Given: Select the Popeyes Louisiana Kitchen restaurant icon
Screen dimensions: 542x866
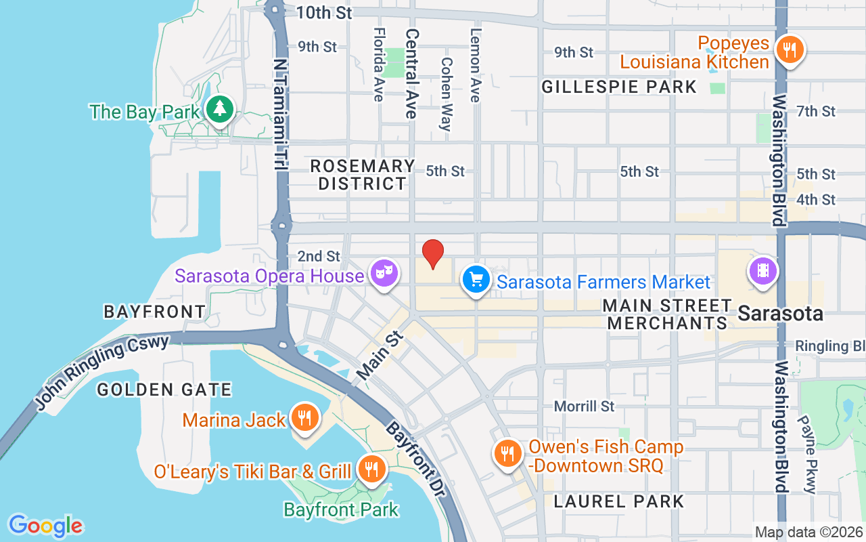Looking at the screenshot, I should [x=789, y=49].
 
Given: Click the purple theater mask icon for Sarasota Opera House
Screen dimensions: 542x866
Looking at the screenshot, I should [x=384, y=274].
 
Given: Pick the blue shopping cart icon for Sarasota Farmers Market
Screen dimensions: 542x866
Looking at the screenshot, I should [x=476, y=279].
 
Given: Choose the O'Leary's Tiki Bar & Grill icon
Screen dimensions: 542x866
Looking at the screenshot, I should [x=371, y=468].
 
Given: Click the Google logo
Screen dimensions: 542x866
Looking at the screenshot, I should [x=46, y=526].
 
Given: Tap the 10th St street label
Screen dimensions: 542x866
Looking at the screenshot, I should [x=325, y=12].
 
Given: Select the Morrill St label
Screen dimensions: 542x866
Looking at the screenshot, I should [x=584, y=406].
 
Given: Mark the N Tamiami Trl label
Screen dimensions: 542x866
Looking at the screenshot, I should [x=280, y=114].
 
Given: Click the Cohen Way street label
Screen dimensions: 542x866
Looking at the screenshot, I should [x=446, y=93].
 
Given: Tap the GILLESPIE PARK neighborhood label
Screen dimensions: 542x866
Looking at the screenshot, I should [x=619, y=87].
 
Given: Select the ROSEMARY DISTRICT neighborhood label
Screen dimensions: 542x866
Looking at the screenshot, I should [x=362, y=175].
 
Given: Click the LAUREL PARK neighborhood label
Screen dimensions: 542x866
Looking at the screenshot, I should [x=618, y=501].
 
